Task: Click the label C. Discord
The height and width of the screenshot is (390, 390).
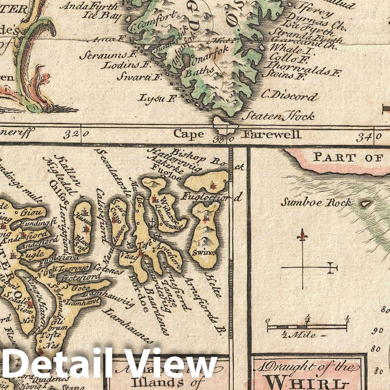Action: pyautogui.click(x=289, y=96)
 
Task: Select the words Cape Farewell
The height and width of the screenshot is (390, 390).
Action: pyautogui.click(x=238, y=134)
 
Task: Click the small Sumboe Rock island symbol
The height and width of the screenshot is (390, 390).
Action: pyautogui.click(x=365, y=204)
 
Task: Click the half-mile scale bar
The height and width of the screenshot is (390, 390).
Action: pyautogui.click(x=307, y=327)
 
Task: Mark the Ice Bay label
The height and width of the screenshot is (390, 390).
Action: pyautogui.click(x=102, y=16)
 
